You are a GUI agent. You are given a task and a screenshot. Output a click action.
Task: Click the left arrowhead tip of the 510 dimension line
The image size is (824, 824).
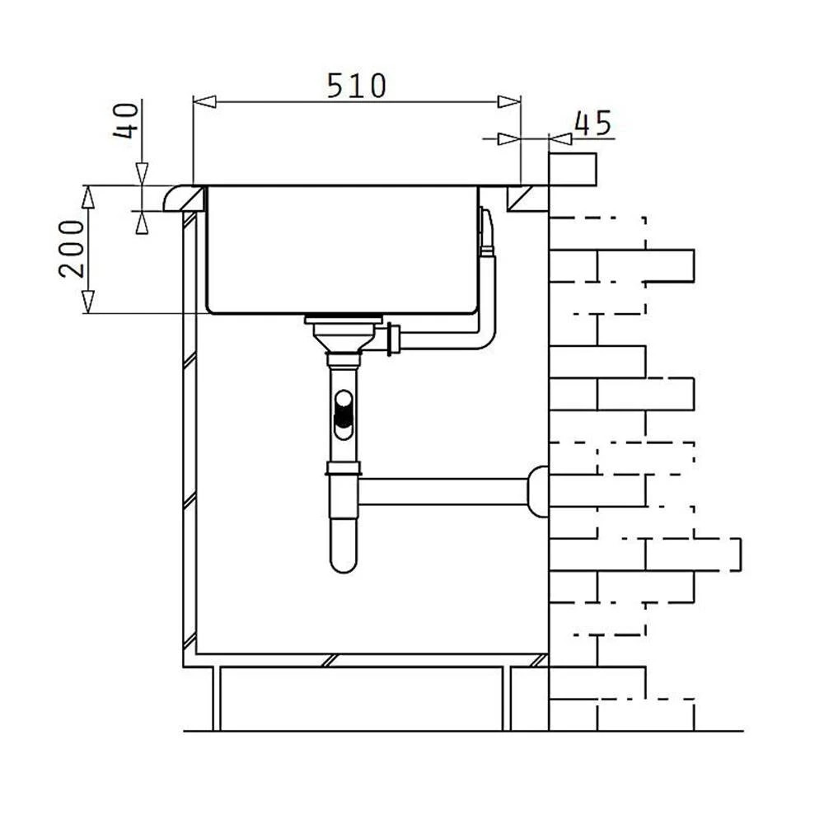[x=194, y=101]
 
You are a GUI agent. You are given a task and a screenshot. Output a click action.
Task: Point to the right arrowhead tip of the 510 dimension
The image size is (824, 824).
[x=520, y=101]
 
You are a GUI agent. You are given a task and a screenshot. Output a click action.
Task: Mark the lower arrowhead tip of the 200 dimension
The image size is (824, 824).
[x=88, y=313]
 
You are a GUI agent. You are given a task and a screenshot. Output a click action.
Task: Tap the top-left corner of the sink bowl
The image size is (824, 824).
[x=207, y=186]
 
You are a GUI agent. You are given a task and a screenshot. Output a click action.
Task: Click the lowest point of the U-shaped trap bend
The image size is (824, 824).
[x=344, y=573]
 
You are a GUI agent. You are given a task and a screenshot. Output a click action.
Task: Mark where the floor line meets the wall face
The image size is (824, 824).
[x=549, y=730]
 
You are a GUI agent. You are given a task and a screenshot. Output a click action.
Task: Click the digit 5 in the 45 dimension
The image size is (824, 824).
[x=603, y=124]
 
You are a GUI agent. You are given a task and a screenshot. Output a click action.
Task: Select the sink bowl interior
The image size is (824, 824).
[x=343, y=250]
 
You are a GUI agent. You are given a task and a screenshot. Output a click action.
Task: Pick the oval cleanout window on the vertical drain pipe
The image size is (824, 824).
[x=344, y=414]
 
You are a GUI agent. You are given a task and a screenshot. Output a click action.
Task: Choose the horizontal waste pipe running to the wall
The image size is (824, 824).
[x=444, y=491]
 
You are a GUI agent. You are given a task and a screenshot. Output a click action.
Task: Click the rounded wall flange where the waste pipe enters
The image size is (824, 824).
[x=538, y=491]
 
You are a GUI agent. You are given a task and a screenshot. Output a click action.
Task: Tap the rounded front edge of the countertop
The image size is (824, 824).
[x=173, y=198]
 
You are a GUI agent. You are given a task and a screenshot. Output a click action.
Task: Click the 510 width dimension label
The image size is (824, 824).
[x=357, y=86]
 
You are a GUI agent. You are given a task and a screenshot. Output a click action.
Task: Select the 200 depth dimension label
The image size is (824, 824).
[x=72, y=249]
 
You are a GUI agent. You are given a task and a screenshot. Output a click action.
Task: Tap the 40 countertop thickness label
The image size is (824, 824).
[x=126, y=120]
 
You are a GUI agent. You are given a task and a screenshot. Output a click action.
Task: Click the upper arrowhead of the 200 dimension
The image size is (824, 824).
[x=88, y=197]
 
